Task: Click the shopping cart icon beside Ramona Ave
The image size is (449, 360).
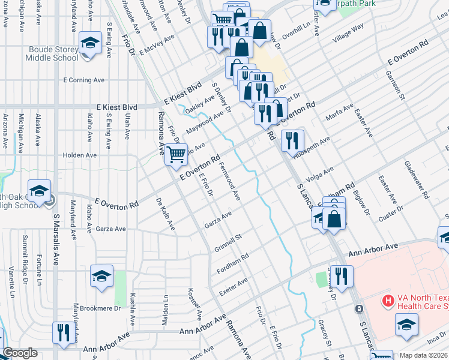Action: tap(176, 154)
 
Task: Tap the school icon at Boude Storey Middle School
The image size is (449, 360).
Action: tap(90, 43)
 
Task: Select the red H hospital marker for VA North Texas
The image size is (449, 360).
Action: tap(388, 299)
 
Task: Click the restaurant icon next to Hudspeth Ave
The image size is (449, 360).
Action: tap(292, 142)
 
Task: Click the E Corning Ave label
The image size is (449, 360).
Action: tap(84, 79)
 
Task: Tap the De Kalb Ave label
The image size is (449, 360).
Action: tap(165, 214)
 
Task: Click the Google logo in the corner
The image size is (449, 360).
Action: tap(20, 353)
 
